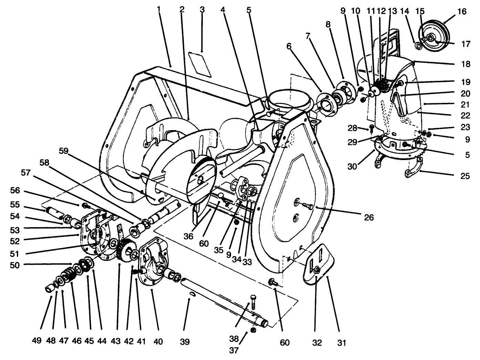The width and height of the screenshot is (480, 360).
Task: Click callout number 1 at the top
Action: pos(159,9)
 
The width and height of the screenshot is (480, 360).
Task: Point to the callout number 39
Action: pos(185,342)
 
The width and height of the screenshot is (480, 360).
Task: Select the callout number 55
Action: pos(15,205)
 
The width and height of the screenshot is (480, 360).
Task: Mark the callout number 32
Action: pos(317,342)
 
